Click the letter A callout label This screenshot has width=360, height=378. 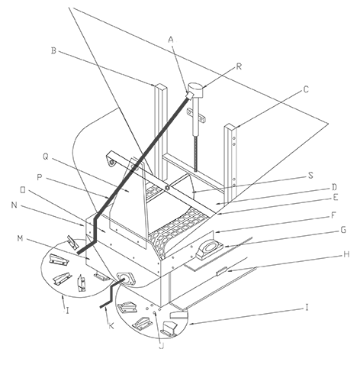click(x=172, y=40)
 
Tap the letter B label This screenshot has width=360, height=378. click(x=53, y=50)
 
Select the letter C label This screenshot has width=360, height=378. click(x=306, y=89)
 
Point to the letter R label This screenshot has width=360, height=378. click(x=239, y=66)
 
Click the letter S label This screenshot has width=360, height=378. click(x=310, y=176)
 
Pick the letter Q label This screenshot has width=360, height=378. click(x=46, y=157)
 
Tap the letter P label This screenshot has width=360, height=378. click(x=39, y=177)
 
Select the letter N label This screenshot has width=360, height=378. click(x=14, y=205)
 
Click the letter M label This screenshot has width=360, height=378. click(x=20, y=238)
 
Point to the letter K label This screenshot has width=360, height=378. click(x=111, y=326)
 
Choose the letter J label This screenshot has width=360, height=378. click(x=162, y=346)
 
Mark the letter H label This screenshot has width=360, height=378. click(x=346, y=254)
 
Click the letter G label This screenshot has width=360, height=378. click(x=343, y=230)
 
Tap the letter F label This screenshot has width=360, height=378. click(x=333, y=215)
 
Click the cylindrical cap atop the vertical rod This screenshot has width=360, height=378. click(x=195, y=89)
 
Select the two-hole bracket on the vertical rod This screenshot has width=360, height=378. click(x=195, y=115)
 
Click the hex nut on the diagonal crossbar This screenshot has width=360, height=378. click(x=167, y=188)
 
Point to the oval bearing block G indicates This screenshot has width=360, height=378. click(x=210, y=248)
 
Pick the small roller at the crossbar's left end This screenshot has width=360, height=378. click(x=111, y=163)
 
